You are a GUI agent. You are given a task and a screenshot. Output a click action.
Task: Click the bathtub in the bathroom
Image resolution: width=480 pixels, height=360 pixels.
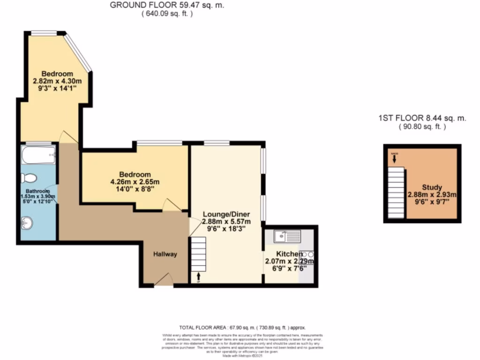point(38,155)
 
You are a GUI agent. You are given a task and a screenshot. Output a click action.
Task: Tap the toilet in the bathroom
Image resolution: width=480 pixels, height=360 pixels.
point(30,179)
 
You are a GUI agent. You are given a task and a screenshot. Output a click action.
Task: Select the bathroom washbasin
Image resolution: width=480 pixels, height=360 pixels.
point(28,224)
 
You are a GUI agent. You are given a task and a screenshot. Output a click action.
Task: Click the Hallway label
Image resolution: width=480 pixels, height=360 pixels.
point(166,255)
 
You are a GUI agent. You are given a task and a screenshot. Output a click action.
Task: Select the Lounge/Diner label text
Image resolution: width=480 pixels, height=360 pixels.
point(226,214)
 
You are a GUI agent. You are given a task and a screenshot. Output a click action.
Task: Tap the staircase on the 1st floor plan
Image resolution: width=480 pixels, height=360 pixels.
point(396,192)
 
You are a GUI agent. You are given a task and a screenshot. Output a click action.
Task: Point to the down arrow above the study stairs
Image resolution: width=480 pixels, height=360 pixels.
point(394,159)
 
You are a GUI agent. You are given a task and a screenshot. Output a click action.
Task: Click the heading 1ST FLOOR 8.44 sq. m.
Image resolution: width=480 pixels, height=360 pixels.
point(422,119)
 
